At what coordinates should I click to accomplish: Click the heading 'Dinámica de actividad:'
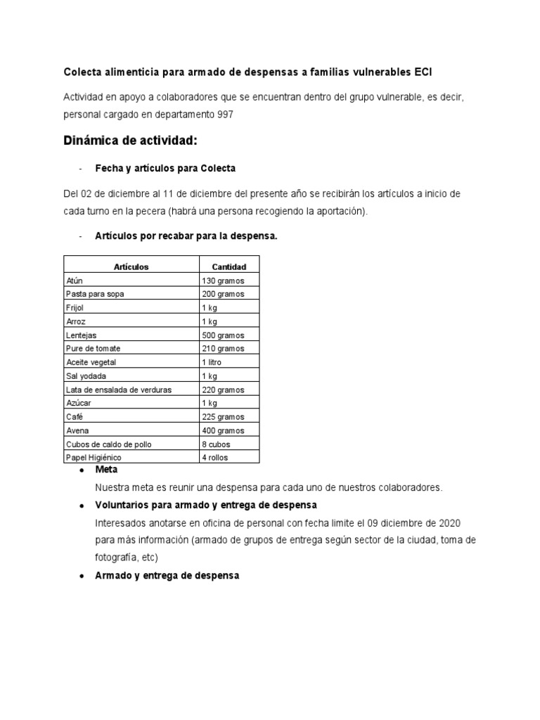(x=131, y=141)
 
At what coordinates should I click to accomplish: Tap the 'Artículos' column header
(x=131, y=266)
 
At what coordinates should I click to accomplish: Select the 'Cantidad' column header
(x=229, y=266)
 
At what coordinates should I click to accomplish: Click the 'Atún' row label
(x=74, y=281)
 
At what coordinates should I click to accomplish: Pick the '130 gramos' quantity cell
(x=223, y=281)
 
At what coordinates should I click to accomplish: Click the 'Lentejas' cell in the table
(x=81, y=335)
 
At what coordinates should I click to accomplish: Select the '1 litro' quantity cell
(x=214, y=362)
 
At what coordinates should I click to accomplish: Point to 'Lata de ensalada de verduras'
(x=118, y=390)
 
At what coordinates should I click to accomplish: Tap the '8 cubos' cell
(x=217, y=444)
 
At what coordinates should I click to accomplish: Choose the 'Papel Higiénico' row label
(x=94, y=458)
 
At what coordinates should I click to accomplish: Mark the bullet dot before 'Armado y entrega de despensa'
(x=82, y=576)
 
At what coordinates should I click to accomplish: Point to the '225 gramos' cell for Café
(x=223, y=417)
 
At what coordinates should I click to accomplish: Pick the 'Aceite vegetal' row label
(x=90, y=362)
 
